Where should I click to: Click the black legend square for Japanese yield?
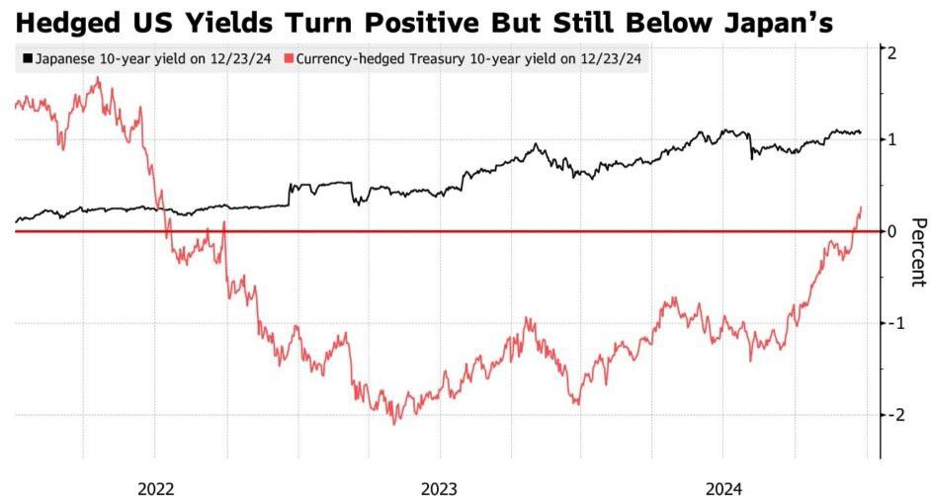click(28, 58)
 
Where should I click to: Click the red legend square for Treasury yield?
click(289, 58)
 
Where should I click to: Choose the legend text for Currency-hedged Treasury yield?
click(468, 59)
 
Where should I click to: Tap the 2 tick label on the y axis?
click(891, 52)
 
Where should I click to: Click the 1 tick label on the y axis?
click(891, 139)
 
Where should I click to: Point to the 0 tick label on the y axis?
click(891, 231)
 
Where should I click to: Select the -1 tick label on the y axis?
click(889, 323)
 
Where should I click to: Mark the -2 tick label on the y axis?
click(889, 415)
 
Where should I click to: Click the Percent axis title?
click(918, 253)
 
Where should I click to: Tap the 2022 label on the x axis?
click(155, 489)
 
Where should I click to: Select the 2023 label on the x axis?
click(440, 489)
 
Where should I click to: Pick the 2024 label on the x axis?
click(723, 489)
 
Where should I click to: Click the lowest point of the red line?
click(394, 424)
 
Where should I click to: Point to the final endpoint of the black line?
click(861, 132)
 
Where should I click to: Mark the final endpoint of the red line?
click(861, 207)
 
